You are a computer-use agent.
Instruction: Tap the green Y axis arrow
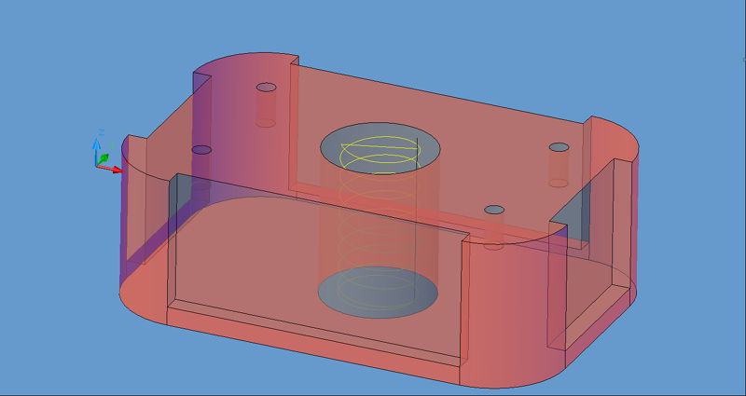104,157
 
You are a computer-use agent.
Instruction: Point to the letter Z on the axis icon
101,132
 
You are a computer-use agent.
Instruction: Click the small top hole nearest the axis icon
201,149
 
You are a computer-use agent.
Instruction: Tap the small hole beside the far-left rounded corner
267,89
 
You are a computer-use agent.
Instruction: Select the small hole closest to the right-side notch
559,147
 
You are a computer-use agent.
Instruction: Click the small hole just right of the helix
494,210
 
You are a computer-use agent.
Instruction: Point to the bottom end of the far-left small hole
267,122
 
